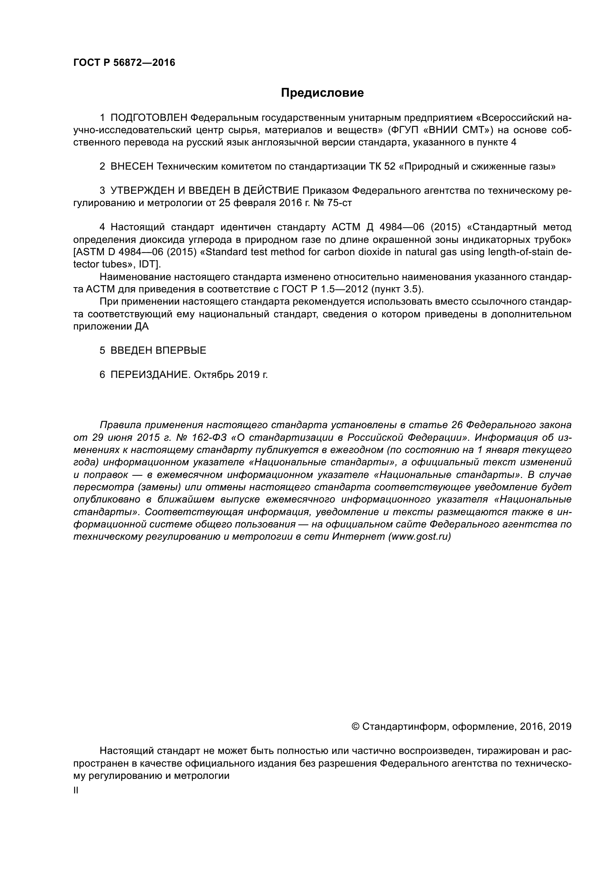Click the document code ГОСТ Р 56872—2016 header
pos(124,63)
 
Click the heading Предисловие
pos(322,93)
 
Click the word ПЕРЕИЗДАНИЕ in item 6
pos(149,375)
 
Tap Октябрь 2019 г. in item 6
pos(231,375)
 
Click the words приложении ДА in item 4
pos(111,326)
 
